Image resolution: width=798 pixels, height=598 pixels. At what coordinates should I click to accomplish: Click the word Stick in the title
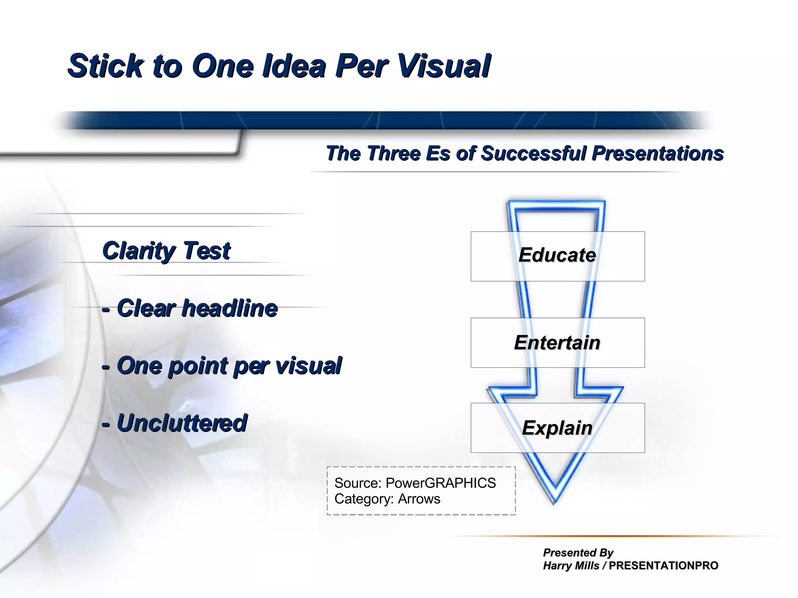[105, 66]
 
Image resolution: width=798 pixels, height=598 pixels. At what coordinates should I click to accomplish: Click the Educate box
[557, 256]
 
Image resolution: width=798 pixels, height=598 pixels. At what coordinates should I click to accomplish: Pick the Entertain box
[557, 342]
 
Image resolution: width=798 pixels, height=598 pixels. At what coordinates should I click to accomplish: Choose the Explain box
[557, 428]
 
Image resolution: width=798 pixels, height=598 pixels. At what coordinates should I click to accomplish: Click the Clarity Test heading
[166, 250]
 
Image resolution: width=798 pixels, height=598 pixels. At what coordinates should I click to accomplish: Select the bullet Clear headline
[190, 308]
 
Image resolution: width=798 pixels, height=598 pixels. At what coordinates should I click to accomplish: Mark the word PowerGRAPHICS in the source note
[440, 483]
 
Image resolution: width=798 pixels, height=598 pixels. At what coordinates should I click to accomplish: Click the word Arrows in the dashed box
[419, 499]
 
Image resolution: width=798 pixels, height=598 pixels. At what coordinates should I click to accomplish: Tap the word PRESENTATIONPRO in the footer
[663, 566]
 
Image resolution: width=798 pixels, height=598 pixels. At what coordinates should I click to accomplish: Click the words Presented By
[578, 552]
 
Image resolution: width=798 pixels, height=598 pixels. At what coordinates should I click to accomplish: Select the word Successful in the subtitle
[533, 153]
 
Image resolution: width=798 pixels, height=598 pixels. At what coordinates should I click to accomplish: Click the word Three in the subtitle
[394, 153]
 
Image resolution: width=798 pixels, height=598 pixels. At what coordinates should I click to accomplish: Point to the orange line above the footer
[608, 536]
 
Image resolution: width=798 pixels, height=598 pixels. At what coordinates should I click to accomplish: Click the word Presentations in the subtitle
[657, 153]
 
